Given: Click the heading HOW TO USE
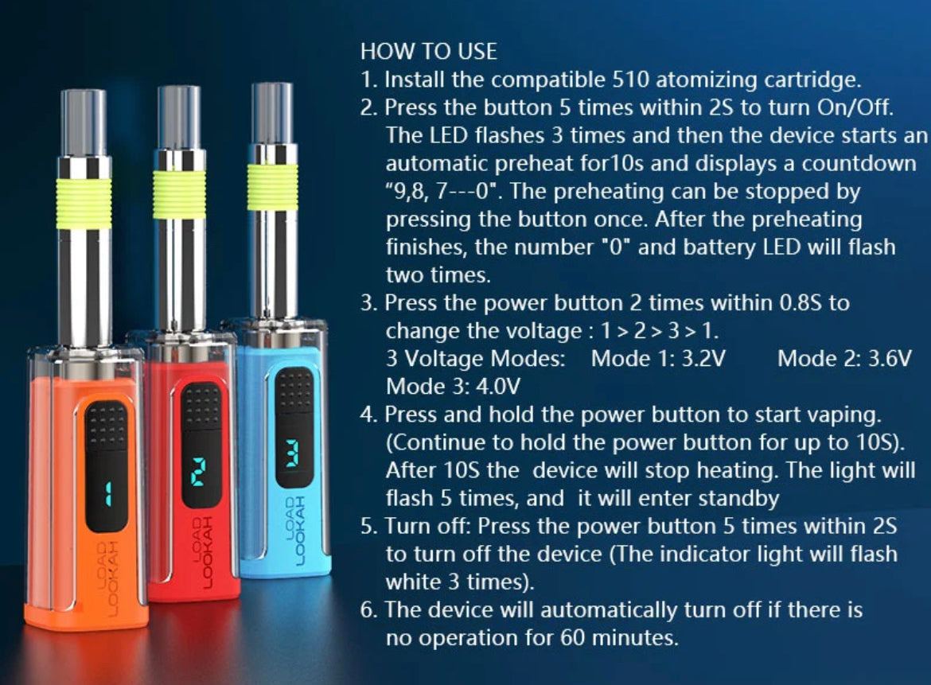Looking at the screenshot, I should point(428,52).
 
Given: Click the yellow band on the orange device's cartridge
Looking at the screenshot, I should point(84,203).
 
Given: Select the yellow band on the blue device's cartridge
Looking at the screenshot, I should point(272,188).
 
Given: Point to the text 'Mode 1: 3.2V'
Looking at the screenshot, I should point(658,359).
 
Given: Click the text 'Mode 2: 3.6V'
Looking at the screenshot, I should point(843,359).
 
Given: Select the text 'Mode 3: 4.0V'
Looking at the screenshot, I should point(453,387).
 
